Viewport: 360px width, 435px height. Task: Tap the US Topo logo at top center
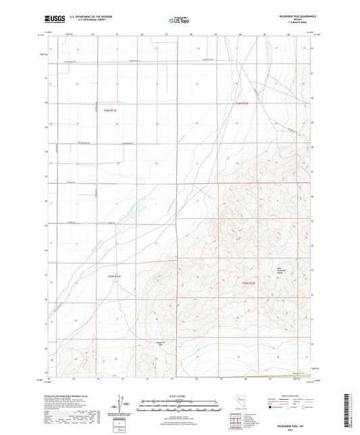click(180, 21)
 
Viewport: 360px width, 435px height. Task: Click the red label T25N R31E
click(113, 276)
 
